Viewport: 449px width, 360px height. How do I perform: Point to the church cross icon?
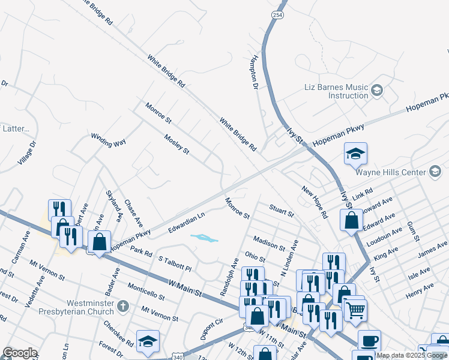point(123,307)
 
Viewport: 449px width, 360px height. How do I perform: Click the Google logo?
point(20,353)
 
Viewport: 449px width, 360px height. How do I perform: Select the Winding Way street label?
point(109,140)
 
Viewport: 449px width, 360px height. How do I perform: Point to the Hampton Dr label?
point(254,70)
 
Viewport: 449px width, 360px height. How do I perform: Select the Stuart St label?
point(282,210)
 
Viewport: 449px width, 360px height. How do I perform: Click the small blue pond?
point(204,238)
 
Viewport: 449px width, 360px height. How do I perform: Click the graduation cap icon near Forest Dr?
point(148,341)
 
